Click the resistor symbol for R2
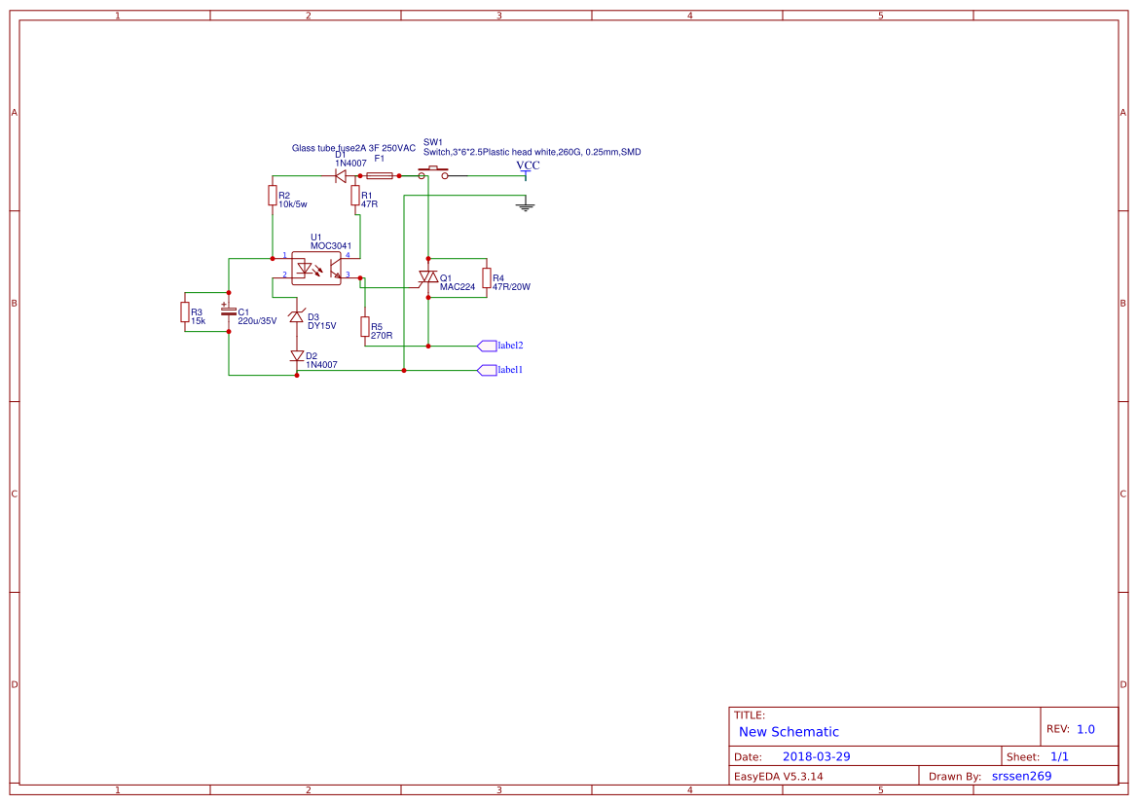[273, 196]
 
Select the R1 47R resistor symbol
[355, 196]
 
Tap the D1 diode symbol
[339, 175]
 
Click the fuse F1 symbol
[380, 175]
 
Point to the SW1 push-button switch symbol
[433, 172]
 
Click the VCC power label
[528, 166]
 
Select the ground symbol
[526, 206]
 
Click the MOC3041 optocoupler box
[315, 268]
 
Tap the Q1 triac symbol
[427, 278]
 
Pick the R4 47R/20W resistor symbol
[487, 278]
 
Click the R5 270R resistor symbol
[364, 327]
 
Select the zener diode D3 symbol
[296, 316]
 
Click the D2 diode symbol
[296, 355]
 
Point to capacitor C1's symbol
[229, 311]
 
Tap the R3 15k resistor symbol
[185, 312]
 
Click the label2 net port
[500, 346]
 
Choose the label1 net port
[500, 370]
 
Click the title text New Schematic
[789, 732]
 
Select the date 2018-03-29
[817, 756]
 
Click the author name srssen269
[1022, 776]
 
